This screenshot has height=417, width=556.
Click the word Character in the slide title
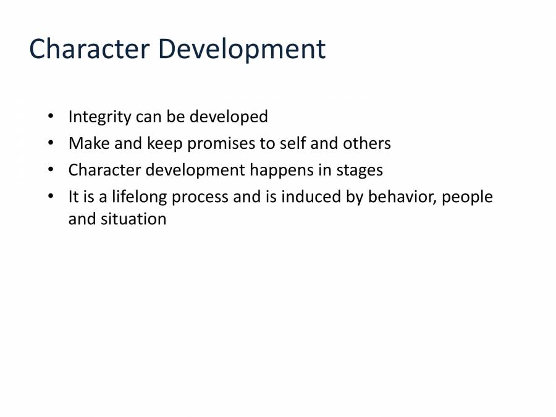[x=90, y=49]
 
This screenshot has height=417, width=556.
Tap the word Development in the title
[x=242, y=49]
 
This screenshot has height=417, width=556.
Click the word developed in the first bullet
[x=229, y=117]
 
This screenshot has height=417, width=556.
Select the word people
[x=468, y=197]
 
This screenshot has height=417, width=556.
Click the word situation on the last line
[x=133, y=219]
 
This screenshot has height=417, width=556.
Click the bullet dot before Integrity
[x=51, y=116]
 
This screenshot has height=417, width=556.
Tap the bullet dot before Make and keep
[x=51, y=143]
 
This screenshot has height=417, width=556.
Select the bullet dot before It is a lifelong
[x=51, y=196]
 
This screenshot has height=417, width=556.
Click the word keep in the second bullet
[x=164, y=144]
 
